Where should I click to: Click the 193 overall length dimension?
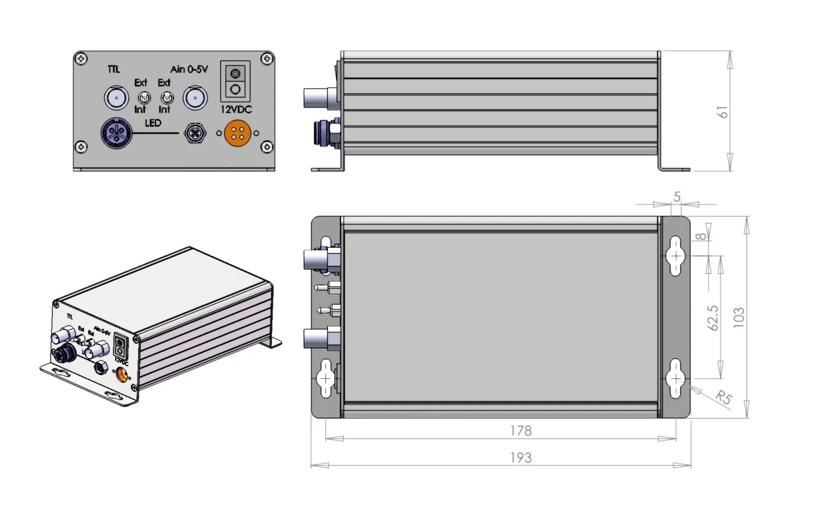(520, 457)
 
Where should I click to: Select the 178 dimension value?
(520, 431)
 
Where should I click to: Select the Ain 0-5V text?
(189, 69)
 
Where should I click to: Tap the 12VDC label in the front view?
(235, 109)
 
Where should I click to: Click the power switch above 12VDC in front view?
(235, 81)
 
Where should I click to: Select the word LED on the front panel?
(153, 123)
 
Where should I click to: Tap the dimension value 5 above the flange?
(677, 197)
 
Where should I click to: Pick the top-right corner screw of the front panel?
(267, 59)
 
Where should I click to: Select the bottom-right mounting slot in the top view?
(676, 378)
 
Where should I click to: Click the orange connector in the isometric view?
(122, 374)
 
